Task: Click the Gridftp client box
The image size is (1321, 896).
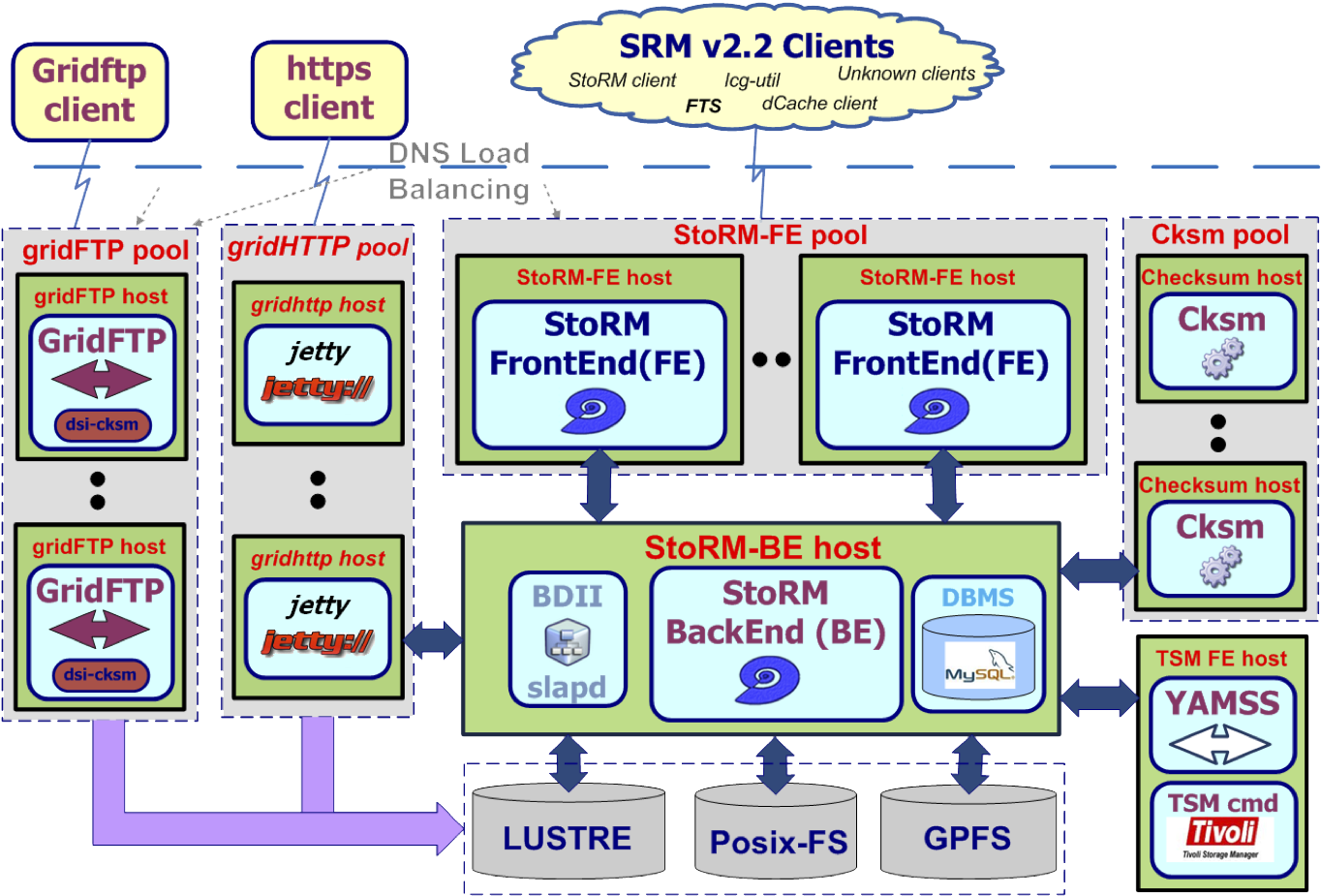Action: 90,91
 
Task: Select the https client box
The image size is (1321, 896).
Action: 329,89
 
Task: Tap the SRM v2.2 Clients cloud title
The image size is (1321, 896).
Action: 756,46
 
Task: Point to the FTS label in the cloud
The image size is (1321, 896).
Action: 703,106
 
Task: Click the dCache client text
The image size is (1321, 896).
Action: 819,103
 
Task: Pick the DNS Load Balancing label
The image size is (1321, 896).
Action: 459,171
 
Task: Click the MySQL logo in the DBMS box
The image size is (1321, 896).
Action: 979,669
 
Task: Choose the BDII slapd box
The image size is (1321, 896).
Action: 568,639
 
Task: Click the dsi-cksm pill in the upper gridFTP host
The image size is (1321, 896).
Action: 102,424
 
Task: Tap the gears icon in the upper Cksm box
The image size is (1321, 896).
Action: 1222,359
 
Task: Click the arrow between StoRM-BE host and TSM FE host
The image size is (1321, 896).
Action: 1098,696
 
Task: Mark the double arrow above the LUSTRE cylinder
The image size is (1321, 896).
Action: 568,763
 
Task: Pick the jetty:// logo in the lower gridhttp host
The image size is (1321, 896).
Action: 318,641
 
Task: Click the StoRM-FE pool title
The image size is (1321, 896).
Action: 770,235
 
